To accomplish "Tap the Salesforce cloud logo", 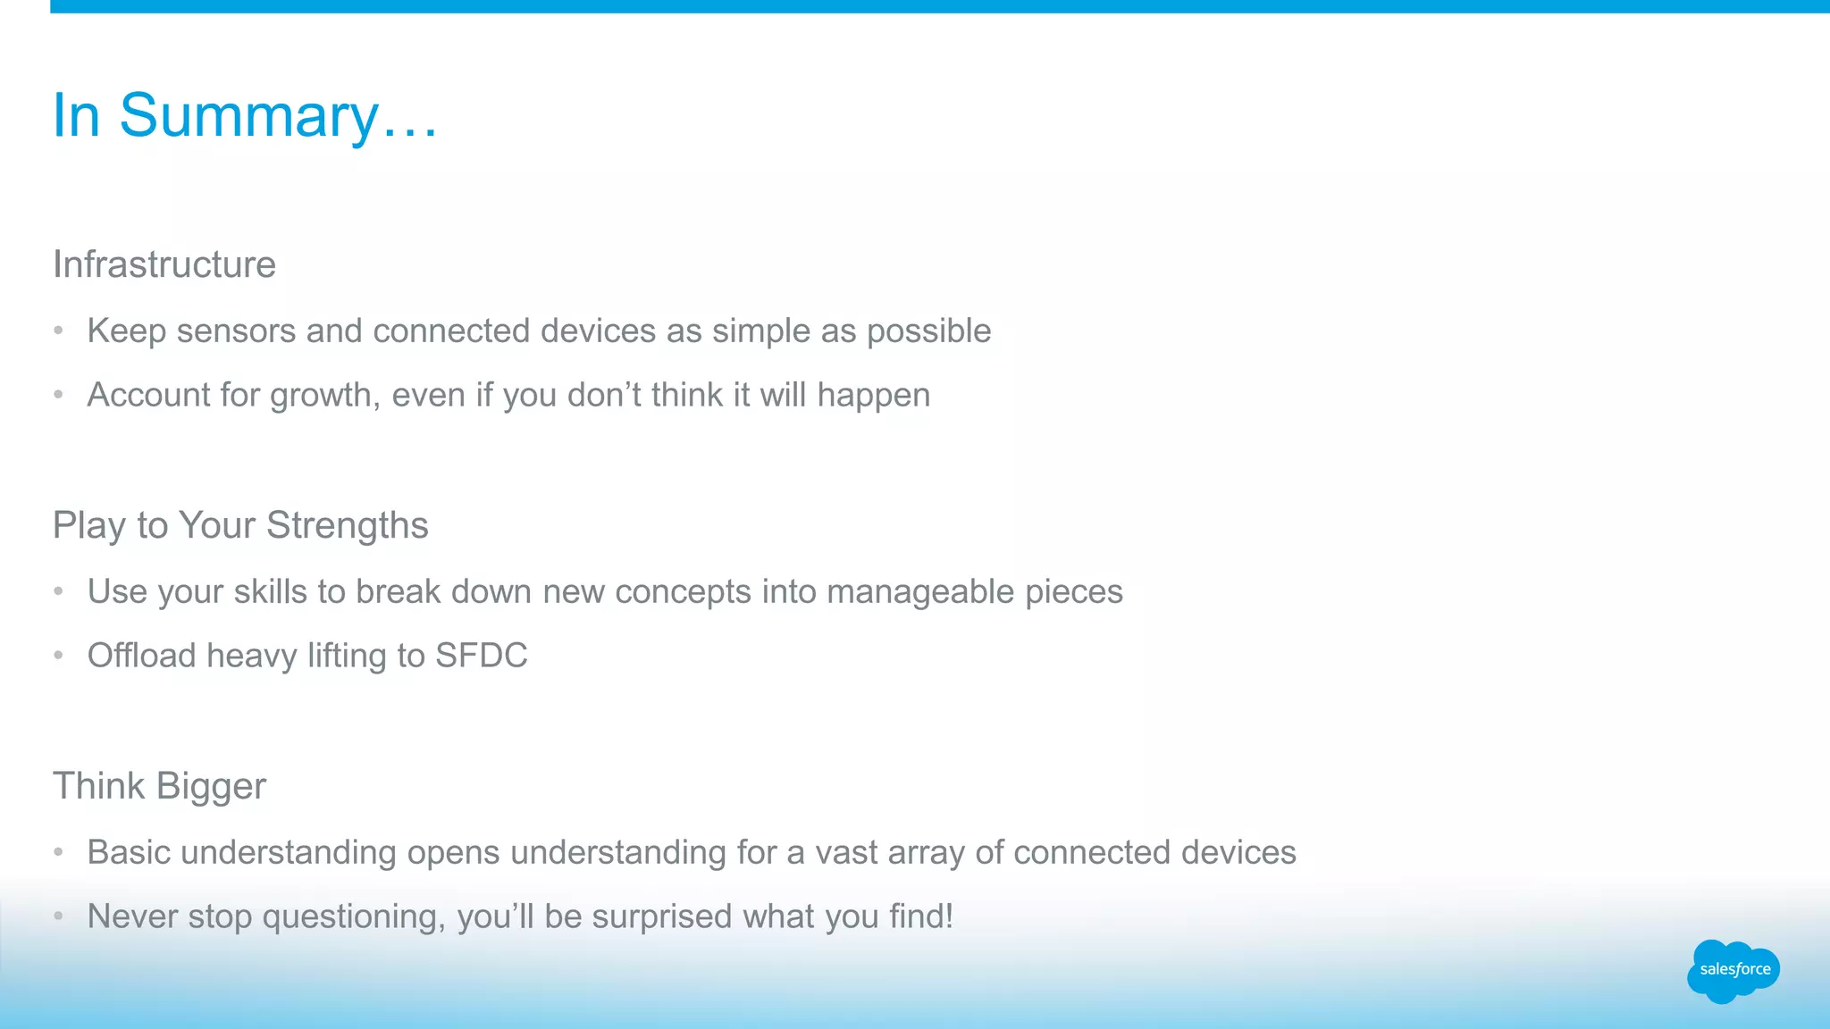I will (1733, 970).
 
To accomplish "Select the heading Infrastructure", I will (164, 264).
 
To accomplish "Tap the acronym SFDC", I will (481, 656).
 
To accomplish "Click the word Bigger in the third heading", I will (211, 786).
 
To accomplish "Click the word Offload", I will (141, 656).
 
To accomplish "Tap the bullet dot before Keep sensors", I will (58, 330).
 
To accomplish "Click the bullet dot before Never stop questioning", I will (58, 916).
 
